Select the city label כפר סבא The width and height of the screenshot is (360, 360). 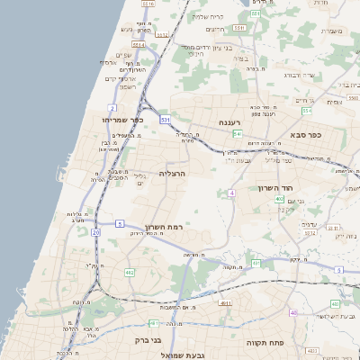306,135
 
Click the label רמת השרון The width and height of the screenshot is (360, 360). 163,227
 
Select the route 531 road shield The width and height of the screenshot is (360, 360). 165,119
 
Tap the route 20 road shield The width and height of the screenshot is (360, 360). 95,232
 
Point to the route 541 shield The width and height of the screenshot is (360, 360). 237,133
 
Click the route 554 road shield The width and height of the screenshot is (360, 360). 256,14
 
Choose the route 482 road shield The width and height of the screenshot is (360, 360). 130,272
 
